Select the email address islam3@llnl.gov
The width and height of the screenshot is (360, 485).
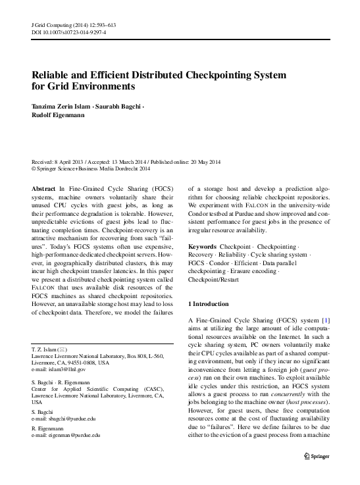click(x=65, y=369)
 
